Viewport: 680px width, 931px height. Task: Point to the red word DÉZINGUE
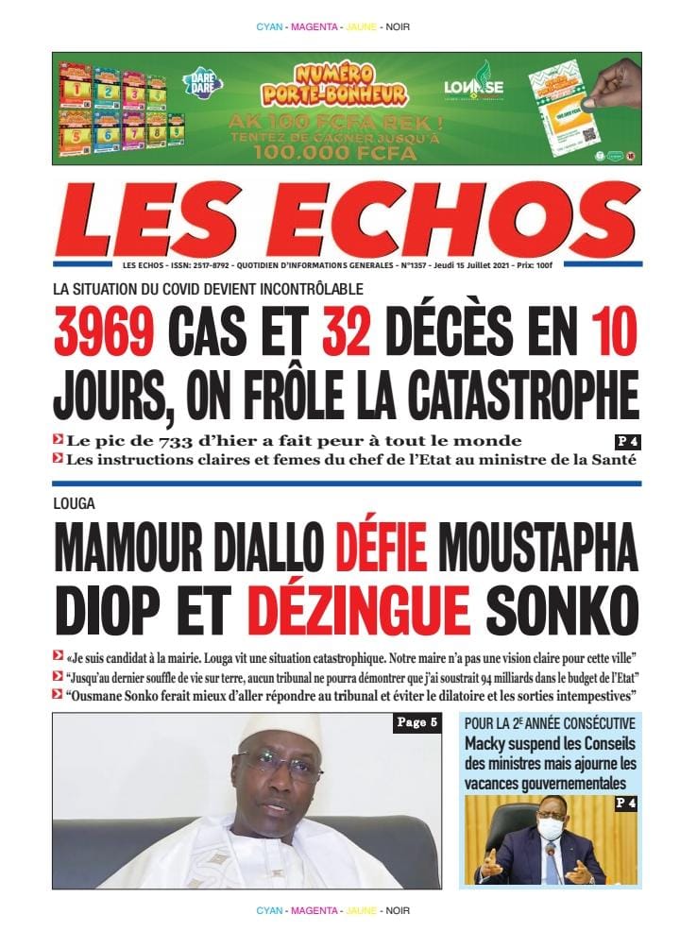tap(371, 604)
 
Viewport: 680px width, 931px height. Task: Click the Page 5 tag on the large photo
tap(416, 724)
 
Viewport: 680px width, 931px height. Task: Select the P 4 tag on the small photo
tap(626, 804)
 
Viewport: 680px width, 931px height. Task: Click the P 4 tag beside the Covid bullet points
tap(626, 441)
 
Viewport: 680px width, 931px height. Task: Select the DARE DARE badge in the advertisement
tap(202, 84)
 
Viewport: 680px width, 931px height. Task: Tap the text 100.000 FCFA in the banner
tap(335, 150)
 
